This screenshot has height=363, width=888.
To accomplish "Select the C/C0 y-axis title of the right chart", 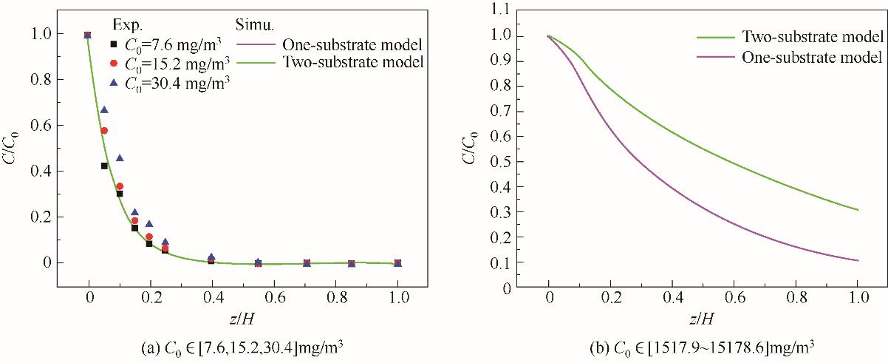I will click(x=471, y=148).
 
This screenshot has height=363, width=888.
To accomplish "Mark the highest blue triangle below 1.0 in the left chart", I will click(x=104, y=109).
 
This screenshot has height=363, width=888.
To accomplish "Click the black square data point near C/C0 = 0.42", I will click(x=104, y=166).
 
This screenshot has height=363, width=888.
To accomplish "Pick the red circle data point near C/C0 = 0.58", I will click(x=104, y=131).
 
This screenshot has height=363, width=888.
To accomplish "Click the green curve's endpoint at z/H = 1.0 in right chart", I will click(x=858, y=210).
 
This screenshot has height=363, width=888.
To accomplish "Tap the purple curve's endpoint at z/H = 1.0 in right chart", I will click(x=858, y=260).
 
